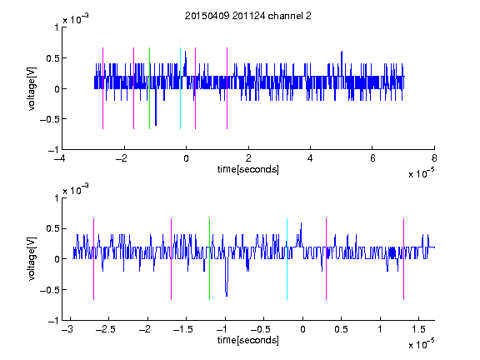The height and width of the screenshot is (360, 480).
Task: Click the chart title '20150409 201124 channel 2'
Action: [248, 16]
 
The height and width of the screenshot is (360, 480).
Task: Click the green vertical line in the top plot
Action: [149, 88]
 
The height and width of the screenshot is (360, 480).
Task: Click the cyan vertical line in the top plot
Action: [180, 88]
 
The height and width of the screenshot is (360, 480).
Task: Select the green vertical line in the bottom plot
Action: [209, 259]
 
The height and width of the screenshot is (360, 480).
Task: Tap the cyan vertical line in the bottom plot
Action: [287, 259]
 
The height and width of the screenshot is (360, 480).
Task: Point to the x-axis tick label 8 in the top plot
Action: [434, 158]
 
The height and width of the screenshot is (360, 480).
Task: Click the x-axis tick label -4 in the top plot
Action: [60, 158]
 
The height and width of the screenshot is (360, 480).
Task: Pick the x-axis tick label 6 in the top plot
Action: [372, 158]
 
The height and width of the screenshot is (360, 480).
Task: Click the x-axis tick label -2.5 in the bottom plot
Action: [105, 329]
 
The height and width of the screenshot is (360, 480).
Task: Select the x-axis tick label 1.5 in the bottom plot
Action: [418, 329]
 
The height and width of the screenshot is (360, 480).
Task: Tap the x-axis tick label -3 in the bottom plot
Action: [67, 329]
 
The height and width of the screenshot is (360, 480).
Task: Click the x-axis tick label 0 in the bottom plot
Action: [302, 329]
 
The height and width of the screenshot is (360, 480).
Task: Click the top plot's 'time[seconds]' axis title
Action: [248, 169]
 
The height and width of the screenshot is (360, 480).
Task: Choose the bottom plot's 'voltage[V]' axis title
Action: [32, 258]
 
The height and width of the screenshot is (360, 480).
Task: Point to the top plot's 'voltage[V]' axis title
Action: [32, 88]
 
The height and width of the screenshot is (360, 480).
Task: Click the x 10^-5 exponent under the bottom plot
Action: [421, 344]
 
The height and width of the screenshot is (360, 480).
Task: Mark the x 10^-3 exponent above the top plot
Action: [76, 19]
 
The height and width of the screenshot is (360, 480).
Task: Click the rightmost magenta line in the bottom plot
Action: [403, 259]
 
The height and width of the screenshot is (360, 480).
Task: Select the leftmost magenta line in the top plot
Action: [102, 88]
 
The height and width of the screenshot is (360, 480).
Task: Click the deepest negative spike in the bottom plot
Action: [226, 296]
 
